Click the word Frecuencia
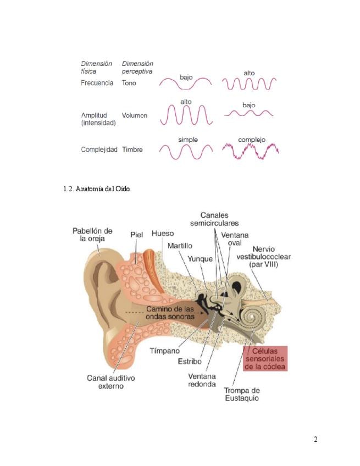[97, 83]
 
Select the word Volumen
[135, 116]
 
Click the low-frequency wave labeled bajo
[186, 84]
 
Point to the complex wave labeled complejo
[251, 151]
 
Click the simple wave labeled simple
[186, 151]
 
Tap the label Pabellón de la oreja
[92, 234]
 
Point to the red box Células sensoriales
[265, 358]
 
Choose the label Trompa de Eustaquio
[241, 394]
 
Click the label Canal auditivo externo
[111, 382]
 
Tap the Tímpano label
[165, 350]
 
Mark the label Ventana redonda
[202, 380]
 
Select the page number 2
[315, 439]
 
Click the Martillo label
[180, 246]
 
